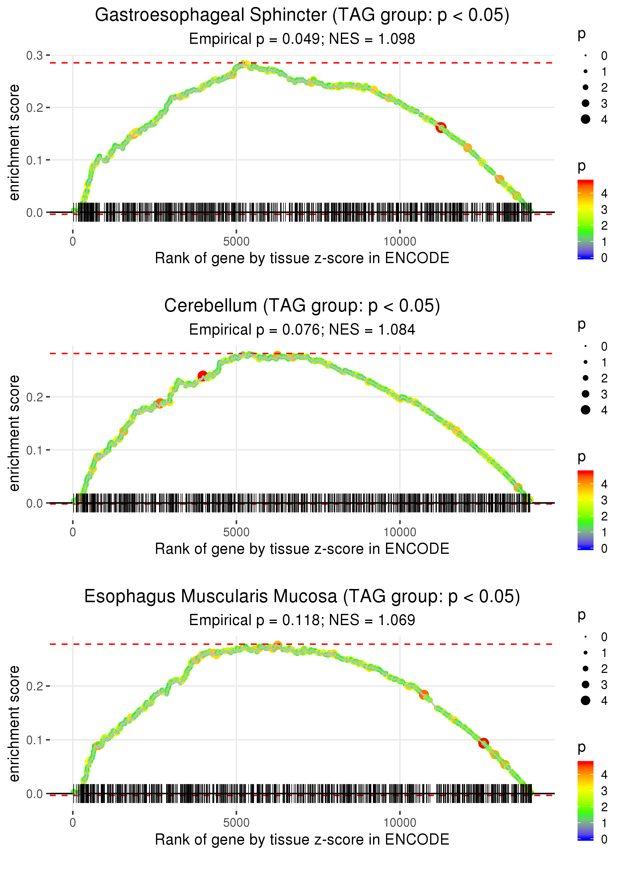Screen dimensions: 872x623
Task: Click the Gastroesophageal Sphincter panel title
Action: [302, 15]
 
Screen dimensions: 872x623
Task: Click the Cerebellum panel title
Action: [302, 306]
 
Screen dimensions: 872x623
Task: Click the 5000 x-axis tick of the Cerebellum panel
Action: [236, 532]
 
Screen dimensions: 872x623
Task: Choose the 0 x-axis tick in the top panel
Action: [73, 242]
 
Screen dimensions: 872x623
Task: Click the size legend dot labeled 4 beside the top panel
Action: [585, 119]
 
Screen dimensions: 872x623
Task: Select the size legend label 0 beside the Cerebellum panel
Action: [604, 347]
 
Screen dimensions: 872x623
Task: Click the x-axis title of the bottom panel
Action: [302, 840]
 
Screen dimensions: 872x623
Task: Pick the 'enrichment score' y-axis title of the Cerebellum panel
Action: [14, 433]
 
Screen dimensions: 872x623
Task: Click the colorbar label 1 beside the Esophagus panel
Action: [604, 823]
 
